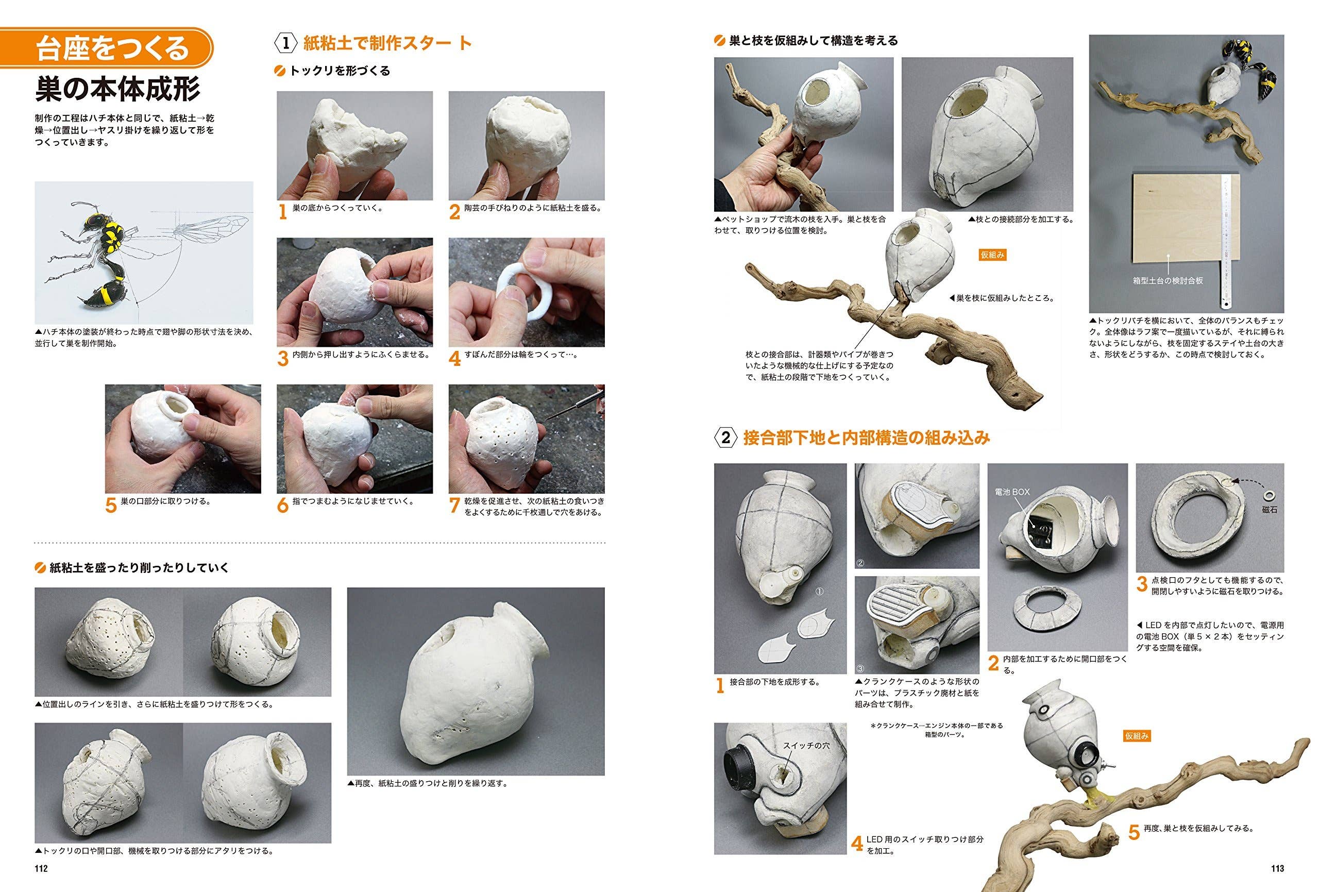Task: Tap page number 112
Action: click(x=41, y=868)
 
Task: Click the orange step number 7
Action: click(x=454, y=506)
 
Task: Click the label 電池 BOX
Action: click(x=1012, y=492)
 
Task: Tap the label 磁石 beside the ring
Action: click(x=1269, y=509)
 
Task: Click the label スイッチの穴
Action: click(x=806, y=745)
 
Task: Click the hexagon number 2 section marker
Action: click(x=726, y=439)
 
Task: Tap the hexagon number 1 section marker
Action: click(x=286, y=43)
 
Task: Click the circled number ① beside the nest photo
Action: click(x=819, y=591)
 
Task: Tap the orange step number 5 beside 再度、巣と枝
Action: click(x=1134, y=832)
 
